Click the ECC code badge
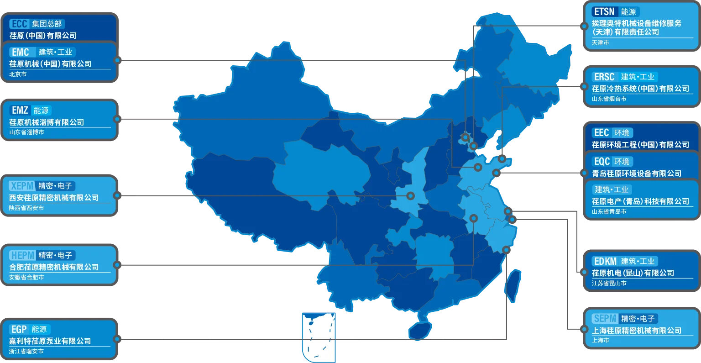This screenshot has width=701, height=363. coord(19,24)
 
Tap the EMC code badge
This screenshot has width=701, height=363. coord(21,52)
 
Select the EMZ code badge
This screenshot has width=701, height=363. coord(20,110)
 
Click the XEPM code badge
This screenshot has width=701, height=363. coord(22,186)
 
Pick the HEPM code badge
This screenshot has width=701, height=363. coord(22,255)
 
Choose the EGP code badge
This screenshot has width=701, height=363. coord(19,329)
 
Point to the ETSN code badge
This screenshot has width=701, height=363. coord(604,11)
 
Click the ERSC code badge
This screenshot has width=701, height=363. coord(604,77)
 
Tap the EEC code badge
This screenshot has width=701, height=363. coord(601,132)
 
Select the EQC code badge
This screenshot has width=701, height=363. coord(602,161)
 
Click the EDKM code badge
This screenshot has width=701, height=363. coord(605,261)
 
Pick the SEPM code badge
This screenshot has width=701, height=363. coord(605,318)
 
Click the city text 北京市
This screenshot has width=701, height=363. coord(18,74)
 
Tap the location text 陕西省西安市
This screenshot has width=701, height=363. coord(26,208)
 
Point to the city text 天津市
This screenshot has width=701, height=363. coord(600,42)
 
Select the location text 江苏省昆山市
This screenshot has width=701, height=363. coord(609,283)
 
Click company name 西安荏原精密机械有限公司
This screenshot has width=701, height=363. coord(54,198)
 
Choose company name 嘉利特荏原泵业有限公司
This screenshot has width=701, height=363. coord(50,341)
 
